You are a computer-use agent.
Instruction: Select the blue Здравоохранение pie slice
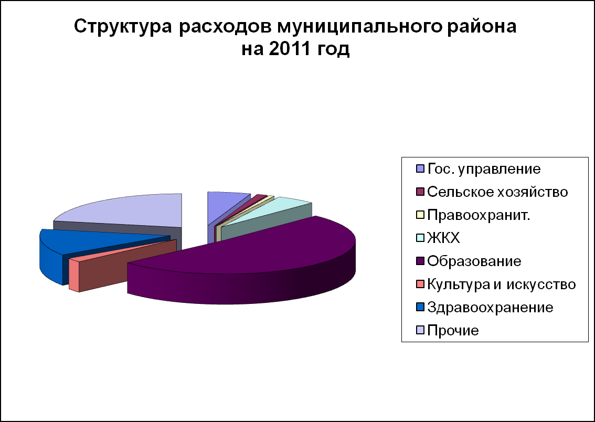click(76, 247)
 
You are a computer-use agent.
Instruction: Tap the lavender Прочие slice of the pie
click(125, 213)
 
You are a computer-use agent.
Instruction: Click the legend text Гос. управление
click(484, 169)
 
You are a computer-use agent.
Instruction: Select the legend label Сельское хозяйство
click(497, 192)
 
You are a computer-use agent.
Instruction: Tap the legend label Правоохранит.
click(479, 215)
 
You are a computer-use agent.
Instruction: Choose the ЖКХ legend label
click(443, 238)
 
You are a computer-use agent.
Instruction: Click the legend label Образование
click(474, 261)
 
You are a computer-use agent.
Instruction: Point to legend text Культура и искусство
click(502, 284)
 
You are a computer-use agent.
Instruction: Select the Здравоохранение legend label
click(490, 308)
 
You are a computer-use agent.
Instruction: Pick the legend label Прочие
click(453, 331)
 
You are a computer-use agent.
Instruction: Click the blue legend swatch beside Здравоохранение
click(420, 308)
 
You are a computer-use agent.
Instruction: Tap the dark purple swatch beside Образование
click(420, 261)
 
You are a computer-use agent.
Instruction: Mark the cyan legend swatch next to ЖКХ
click(420, 238)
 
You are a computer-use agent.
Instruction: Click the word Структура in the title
click(123, 27)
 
